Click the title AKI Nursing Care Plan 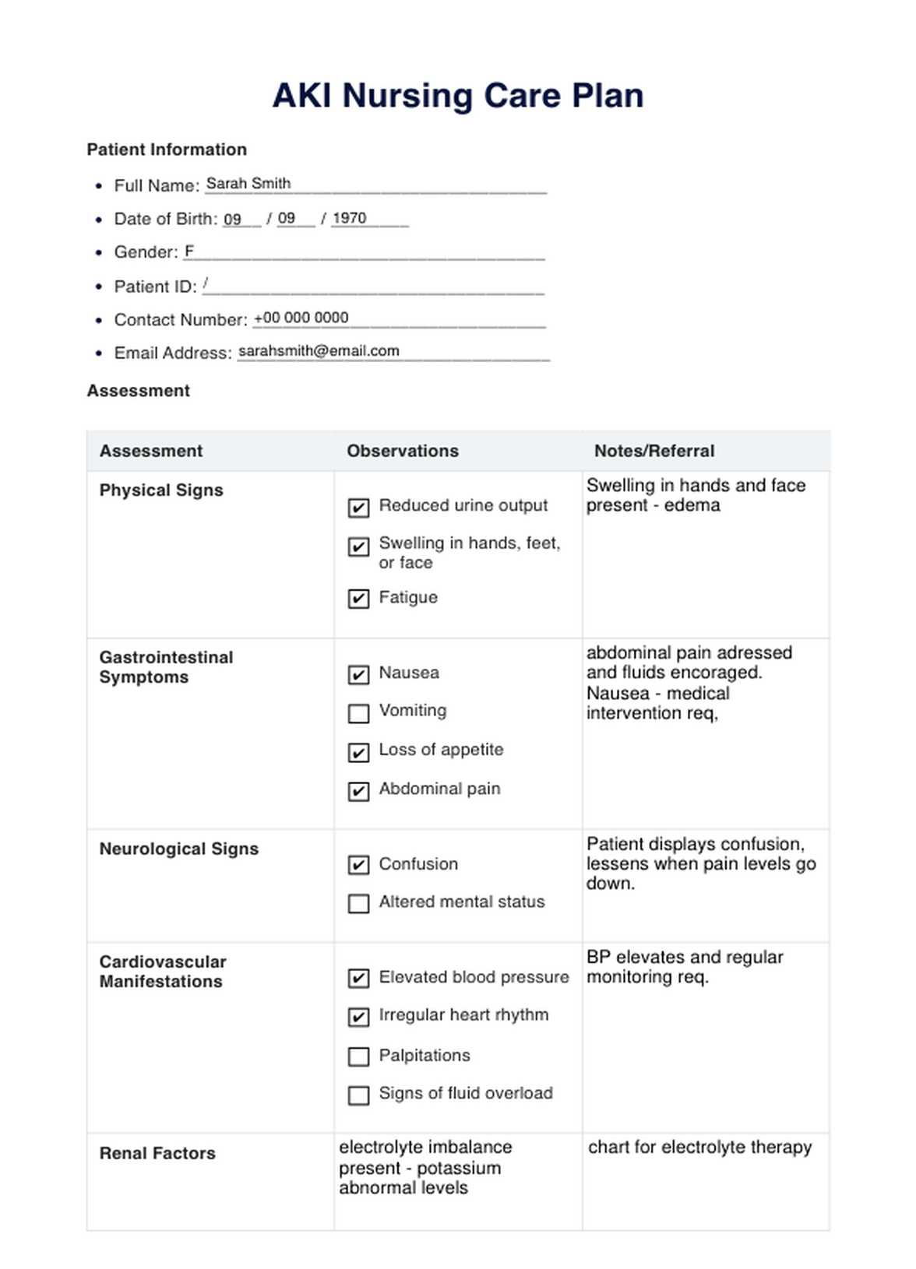(x=458, y=96)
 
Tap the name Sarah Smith (x=248, y=184)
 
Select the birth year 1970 (x=349, y=218)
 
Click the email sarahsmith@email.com (x=319, y=351)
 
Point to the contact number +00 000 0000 (x=301, y=318)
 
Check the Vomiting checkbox (x=358, y=713)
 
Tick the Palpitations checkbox (x=358, y=1056)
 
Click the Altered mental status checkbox (x=358, y=903)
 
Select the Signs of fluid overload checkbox (x=358, y=1095)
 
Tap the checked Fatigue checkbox (x=358, y=599)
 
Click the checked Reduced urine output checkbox (x=358, y=508)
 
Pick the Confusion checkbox (x=358, y=865)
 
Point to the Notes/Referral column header (x=654, y=451)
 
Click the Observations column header (x=403, y=451)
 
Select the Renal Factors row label (x=157, y=1153)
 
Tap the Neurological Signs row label (x=179, y=849)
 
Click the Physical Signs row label (x=161, y=490)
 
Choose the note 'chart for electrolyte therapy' (x=699, y=1147)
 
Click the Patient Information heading (x=167, y=149)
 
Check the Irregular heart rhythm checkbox (x=358, y=1017)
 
